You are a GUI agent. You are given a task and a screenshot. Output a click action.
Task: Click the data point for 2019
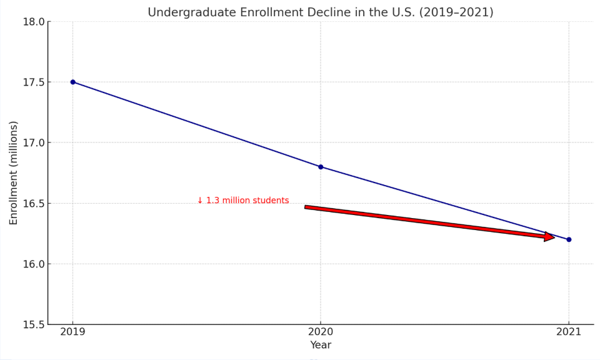[72, 82]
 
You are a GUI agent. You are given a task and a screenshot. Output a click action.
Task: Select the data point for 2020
[321, 167]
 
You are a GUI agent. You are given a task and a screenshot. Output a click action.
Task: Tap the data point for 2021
[569, 239]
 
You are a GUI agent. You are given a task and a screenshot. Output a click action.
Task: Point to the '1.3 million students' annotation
[247, 201]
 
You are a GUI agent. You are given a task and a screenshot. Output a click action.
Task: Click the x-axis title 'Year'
[321, 345]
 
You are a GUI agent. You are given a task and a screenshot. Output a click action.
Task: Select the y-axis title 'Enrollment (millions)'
[14, 172]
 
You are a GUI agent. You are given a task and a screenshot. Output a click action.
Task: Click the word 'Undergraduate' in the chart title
[192, 12]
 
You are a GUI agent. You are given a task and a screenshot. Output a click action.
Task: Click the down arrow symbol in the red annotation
[200, 201]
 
